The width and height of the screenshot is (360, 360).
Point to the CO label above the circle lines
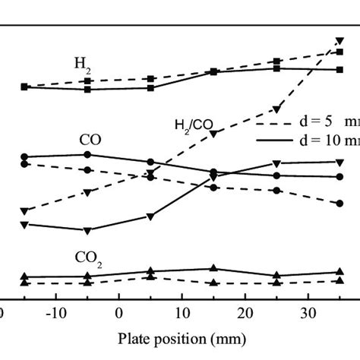(90, 141)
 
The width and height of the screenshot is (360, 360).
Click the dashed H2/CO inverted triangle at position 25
(277, 109)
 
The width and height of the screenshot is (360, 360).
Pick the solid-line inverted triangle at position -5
(87, 230)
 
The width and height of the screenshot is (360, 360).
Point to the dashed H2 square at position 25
(277, 61)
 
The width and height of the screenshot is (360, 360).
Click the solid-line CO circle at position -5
(87, 154)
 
